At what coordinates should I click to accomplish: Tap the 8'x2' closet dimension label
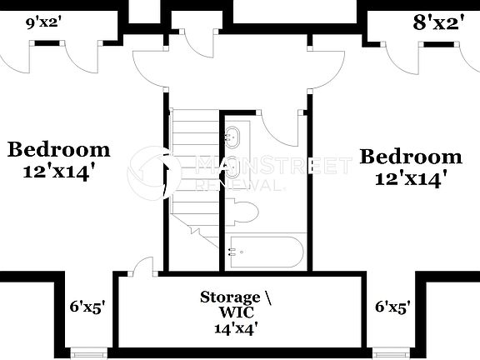[x=439, y=23]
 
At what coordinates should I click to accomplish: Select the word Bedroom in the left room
[x=58, y=150]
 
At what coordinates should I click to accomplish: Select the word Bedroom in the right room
[x=411, y=157]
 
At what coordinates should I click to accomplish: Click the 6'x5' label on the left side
[x=87, y=307]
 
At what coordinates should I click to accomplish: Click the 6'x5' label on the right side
[x=392, y=307]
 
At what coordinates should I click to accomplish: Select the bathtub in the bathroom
[x=265, y=252]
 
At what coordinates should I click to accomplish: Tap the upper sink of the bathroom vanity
[x=233, y=135]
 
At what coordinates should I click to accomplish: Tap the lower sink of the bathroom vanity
[x=233, y=167]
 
